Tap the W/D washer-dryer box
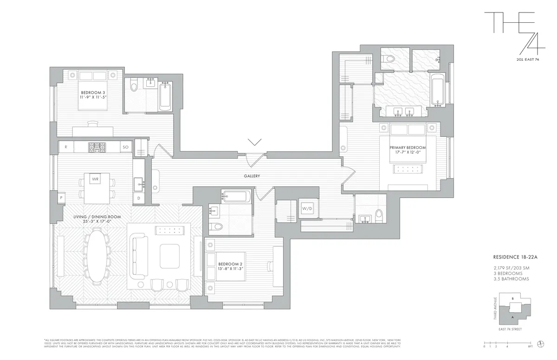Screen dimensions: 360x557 click(x=307, y=208)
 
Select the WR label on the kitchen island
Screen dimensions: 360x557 click(x=95, y=179)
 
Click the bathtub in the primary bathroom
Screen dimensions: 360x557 click(x=437, y=90)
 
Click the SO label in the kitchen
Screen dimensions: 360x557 click(x=125, y=147)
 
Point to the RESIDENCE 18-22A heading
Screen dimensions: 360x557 click(x=511, y=257)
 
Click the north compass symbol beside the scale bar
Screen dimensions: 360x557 click(x=540, y=344)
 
